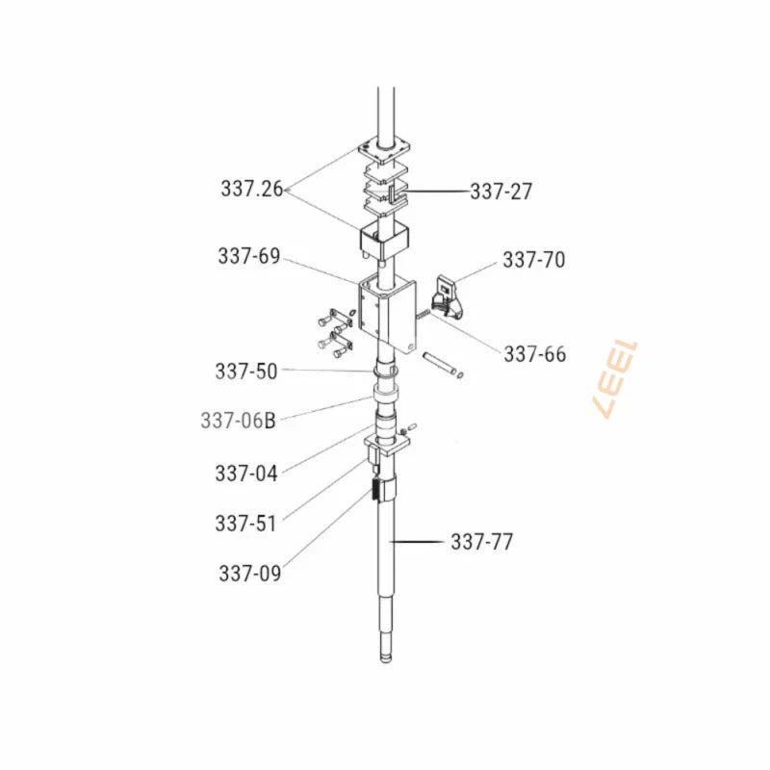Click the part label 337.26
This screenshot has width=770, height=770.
[x=252, y=189]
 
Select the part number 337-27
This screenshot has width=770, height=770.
[x=500, y=192]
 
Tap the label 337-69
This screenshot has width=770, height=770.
[x=249, y=256]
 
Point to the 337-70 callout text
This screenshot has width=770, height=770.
[x=534, y=260]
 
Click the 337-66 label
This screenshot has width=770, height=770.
[x=535, y=354]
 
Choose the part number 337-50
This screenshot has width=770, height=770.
[x=246, y=372]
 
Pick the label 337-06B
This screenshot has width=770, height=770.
[x=238, y=421]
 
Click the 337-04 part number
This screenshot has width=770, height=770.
[x=246, y=474]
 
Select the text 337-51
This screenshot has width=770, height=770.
[x=246, y=524]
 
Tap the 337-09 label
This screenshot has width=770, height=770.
[x=250, y=573]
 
